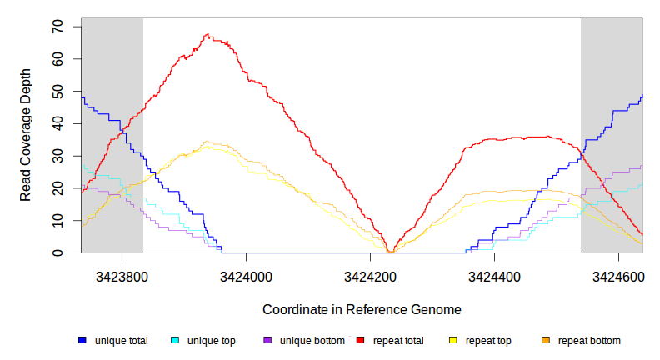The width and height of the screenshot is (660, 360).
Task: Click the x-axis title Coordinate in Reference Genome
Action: (362, 309)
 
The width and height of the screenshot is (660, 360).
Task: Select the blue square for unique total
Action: (82, 341)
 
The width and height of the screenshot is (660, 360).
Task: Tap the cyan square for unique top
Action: (175, 341)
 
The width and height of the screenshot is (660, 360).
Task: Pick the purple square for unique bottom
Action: (267, 341)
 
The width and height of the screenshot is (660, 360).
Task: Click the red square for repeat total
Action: (361, 341)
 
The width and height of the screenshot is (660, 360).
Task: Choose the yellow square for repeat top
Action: (453, 341)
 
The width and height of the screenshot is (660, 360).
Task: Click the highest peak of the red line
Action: (207, 35)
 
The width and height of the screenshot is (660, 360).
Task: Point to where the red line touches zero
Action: (391, 252)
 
